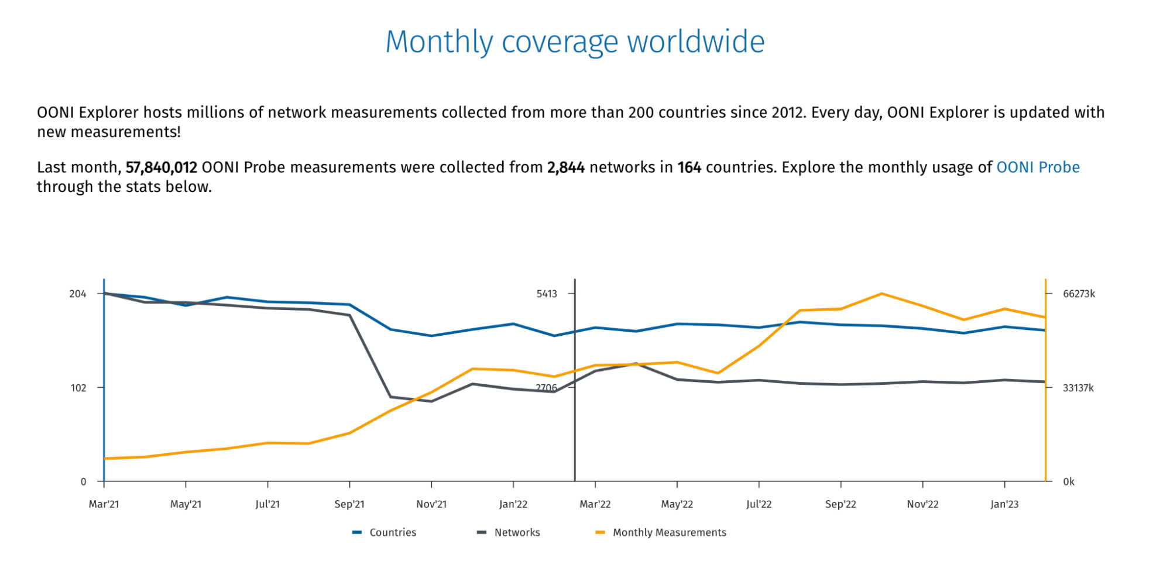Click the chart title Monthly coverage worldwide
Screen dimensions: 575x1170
point(575,42)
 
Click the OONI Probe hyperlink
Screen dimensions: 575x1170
point(1038,167)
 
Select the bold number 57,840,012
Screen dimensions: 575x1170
point(161,168)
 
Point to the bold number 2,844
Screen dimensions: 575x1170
point(565,168)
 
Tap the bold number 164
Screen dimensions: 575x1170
point(689,168)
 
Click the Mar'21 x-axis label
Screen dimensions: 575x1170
point(104,504)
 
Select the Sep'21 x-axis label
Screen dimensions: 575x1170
point(349,504)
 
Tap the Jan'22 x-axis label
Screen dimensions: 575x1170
point(513,504)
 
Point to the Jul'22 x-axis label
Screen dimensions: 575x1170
point(759,504)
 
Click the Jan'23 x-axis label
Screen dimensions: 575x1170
point(1004,504)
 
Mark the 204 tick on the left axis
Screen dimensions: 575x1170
point(78,294)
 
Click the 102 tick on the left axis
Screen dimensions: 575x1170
point(78,388)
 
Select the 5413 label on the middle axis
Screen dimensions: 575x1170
point(547,294)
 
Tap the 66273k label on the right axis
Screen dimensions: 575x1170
point(1079,294)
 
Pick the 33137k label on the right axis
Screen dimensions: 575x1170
point(1078,388)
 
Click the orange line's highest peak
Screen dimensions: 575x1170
point(881,294)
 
